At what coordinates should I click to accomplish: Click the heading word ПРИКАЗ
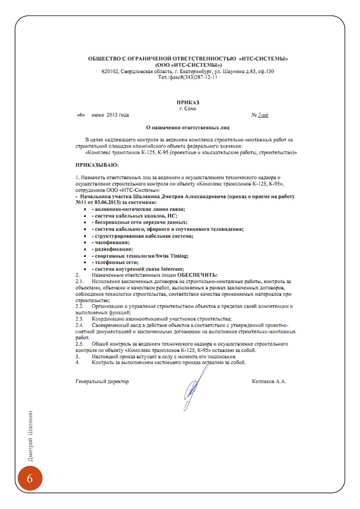click(188, 103)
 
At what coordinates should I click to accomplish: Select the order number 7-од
click(263, 115)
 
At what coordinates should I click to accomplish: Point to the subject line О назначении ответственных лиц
click(188, 128)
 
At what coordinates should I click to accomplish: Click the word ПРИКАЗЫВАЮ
click(97, 165)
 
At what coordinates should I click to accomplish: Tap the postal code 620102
click(110, 71)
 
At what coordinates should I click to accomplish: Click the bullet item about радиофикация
click(113, 249)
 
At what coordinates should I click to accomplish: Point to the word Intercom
click(172, 269)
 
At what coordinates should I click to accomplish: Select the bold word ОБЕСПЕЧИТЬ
click(197, 275)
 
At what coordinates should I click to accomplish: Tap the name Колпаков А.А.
click(269, 381)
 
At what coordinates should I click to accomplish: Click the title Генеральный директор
click(102, 381)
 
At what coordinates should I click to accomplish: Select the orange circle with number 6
click(30, 478)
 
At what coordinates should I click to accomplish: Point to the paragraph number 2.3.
click(79, 319)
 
